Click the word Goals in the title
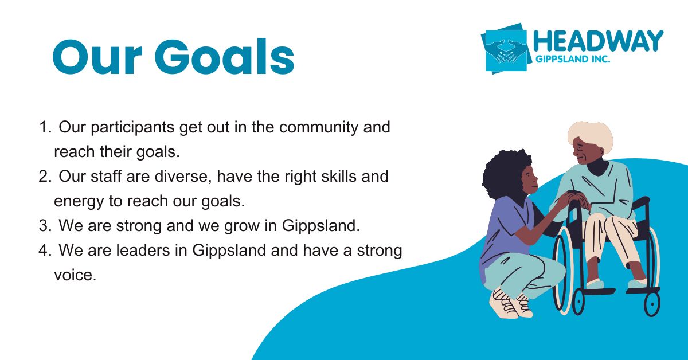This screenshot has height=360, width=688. point(224,57)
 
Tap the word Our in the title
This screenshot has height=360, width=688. point(97,57)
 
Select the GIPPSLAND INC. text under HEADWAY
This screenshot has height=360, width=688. point(573,59)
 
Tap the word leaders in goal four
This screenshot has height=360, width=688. point(143,250)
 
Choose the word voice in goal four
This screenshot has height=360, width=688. point(75,275)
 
